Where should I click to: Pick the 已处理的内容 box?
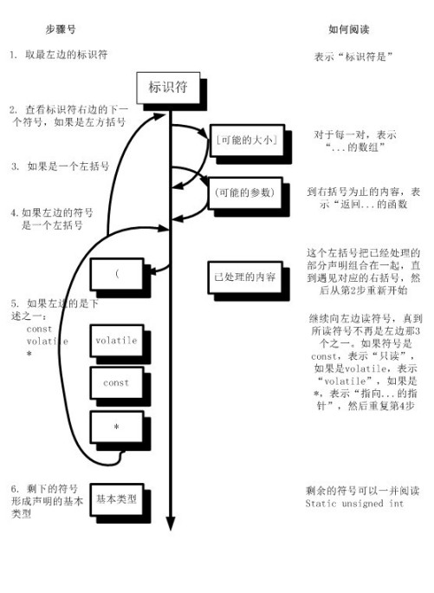tap(244, 277)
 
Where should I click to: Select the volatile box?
tap(116, 342)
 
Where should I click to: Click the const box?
tap(116, 383)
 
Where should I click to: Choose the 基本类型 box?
tap(116, 500)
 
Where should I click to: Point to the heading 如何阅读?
tap(348, 29)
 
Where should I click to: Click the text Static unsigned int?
tap(355, 504)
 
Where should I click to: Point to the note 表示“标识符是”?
tap(356, 56)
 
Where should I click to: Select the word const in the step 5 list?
tap(39, 329)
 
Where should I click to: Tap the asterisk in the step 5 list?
tap(29, 353)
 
